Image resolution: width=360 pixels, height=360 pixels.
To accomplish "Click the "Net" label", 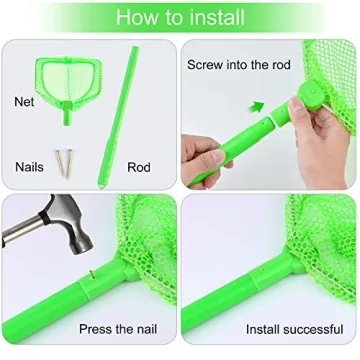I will [24, 101].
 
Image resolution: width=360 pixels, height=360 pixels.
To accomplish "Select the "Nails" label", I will [29, 167].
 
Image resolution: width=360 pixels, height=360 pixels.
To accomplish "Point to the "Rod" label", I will [139, 167].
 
